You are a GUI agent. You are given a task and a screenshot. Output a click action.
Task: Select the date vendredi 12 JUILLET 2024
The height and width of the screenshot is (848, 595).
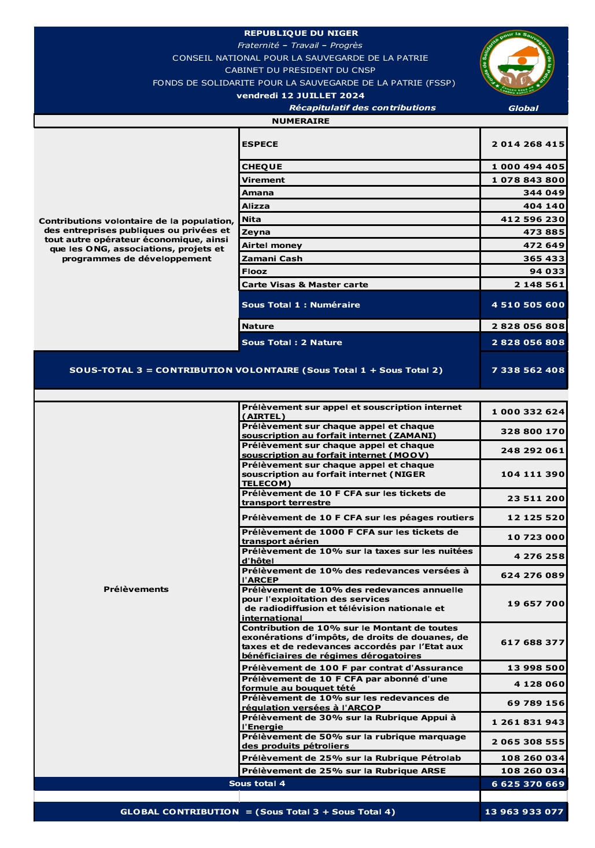click(x=300, y=95)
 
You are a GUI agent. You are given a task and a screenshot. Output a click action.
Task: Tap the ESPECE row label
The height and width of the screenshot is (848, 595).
click(x=260, y=144)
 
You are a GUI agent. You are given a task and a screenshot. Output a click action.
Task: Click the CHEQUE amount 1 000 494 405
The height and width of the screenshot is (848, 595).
click(x=528, y=166)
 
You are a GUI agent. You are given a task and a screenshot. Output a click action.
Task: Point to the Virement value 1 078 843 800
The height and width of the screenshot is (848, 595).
click(x=528, y=180)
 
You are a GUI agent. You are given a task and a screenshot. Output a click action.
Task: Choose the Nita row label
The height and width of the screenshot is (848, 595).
click(x=252, y=219)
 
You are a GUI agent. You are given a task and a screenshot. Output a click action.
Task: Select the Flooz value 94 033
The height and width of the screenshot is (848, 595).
click(x=547, y=271)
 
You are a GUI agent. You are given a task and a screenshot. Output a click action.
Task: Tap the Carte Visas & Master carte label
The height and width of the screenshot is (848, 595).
click(x=305, y=284)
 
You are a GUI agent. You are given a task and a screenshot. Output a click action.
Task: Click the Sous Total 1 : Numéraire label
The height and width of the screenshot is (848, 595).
click(x=301, y=305)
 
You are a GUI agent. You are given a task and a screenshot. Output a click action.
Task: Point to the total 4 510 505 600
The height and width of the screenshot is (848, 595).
click(x=528, y=305)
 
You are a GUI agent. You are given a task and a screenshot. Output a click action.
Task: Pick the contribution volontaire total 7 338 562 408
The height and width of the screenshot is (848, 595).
click(x=528, y=370)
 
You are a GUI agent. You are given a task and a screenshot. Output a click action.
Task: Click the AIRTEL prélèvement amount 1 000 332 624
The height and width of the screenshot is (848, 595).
click(x=528, y=412)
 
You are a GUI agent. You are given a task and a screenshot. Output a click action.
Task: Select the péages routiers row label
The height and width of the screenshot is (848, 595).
click(x=357, y=517)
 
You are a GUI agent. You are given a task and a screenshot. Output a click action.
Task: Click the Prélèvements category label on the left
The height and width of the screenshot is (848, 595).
click(x=136, y=589)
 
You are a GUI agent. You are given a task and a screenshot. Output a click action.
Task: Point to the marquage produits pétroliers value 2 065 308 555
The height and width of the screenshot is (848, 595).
click(x=528, y=742)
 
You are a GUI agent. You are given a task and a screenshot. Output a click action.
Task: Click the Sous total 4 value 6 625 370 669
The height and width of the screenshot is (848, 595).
click(x=528, y=784)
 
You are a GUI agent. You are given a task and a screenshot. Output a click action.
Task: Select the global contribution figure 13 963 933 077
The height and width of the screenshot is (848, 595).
click(x=524, y=812)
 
